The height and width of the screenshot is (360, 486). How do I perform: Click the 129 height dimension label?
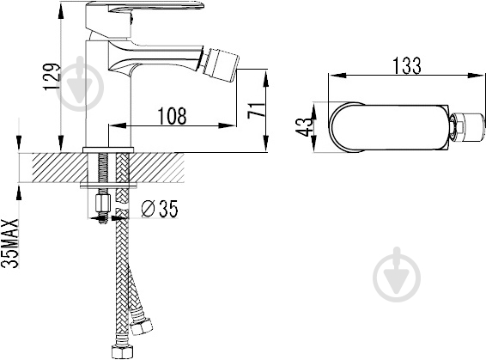click(x=52, y=77)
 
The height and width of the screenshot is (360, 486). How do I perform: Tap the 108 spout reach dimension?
click(x=173, y=116)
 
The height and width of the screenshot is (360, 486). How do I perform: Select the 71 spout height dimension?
click(x=257, y=109)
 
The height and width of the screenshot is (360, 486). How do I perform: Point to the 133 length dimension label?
click(x=407, y=66)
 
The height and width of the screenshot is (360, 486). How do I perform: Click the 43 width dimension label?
click(x=304, y=127)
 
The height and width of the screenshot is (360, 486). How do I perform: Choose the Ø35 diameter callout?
click(x=160, y=209)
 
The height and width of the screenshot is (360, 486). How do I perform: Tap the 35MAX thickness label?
click(x=10, y=243)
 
